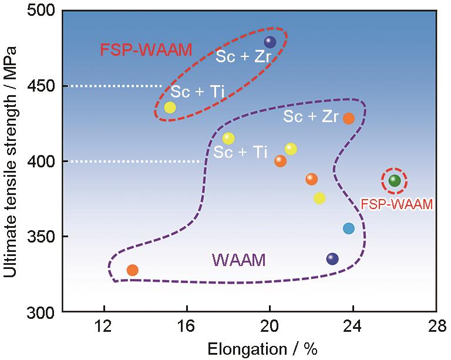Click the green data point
(395, 180)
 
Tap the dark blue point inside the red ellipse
(270, 42)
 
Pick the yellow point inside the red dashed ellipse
(170, 107)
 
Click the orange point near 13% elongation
(133, 270)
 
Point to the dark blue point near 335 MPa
(332, 258)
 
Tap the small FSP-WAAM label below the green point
(396, 204)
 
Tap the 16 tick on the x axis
(187, 325)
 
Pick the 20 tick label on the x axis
(270, 325)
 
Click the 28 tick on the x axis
(435, 325)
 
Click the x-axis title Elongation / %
(262, 349)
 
